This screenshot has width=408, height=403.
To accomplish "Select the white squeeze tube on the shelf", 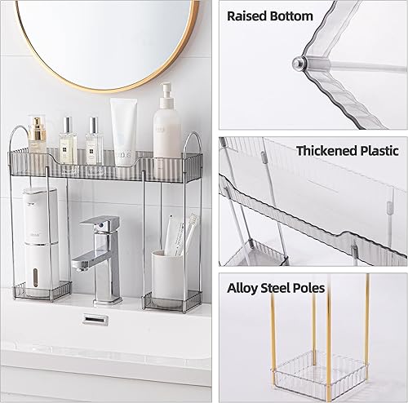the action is pos(124,131).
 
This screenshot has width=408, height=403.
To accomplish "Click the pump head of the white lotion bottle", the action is pos(166,92).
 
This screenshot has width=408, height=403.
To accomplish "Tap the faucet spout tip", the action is pos(78,265).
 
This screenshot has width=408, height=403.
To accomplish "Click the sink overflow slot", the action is pos(95,319).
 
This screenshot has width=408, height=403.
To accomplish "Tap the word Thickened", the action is pos(326,151).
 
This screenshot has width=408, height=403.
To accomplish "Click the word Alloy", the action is pos(242,289).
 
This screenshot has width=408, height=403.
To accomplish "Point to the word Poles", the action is pos(309,288).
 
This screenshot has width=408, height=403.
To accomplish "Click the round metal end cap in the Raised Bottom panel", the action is pos(299,64).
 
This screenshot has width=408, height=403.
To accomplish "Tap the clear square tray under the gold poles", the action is pos(321,372).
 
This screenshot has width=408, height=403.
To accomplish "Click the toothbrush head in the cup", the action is pos(193,219).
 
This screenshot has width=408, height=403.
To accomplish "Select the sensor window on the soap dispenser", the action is pos(35,277).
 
